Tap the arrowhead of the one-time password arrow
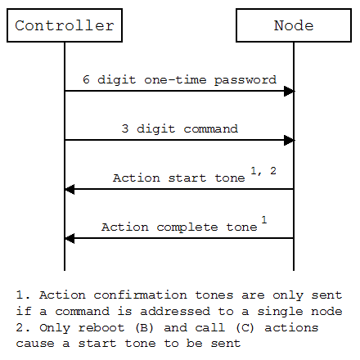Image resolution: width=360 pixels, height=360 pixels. point(289,91)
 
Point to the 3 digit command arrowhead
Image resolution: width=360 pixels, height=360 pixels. point(289,140)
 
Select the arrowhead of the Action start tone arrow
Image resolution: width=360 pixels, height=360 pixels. point(70,189)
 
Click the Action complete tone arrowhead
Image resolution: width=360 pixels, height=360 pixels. point(70,238)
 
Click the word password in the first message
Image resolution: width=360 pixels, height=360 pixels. point(245,80)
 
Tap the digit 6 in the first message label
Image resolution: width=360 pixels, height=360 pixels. point(86,79)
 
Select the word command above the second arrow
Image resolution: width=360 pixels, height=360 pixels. point(210,128)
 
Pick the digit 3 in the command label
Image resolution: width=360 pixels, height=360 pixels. point(125,128)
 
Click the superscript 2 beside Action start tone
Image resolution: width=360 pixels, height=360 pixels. point(273,171)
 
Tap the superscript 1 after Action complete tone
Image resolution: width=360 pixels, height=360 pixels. point(264,219)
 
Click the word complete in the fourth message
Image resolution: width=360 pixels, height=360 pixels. point(187,227)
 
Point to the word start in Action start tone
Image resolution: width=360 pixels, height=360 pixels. point(187,178)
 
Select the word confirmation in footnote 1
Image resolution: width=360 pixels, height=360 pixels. point(140,295)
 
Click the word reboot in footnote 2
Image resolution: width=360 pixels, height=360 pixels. point(101,327)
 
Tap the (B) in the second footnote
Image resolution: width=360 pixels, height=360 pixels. point(144,327)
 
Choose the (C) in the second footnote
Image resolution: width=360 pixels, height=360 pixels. point(245,327)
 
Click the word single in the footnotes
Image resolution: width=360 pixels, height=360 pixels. point(280,312)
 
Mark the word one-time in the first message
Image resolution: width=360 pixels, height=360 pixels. point(175,79)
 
